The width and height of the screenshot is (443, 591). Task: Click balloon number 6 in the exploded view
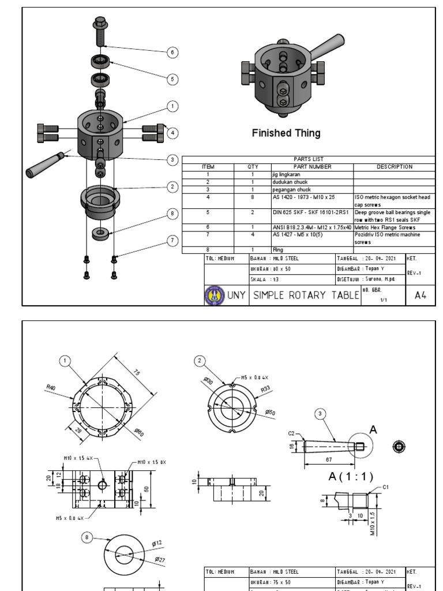tap(171, 53)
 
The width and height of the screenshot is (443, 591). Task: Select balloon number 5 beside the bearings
tap(171, 79)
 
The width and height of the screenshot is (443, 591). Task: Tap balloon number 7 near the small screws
tap(171, 240)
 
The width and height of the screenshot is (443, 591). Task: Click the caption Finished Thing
tap(286, 133)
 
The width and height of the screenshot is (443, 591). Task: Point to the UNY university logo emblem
tap(214, 295)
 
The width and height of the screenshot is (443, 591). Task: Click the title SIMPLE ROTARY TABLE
tap(306, 295)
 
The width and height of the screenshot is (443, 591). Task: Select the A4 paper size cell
tap(421, 295)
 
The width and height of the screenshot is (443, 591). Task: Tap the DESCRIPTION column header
tap(395, 167)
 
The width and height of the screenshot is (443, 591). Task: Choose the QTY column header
tap(253, 167)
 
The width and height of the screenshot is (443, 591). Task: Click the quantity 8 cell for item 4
tap(253, 197)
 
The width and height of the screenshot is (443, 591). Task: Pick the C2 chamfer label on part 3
tap(292, 433)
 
